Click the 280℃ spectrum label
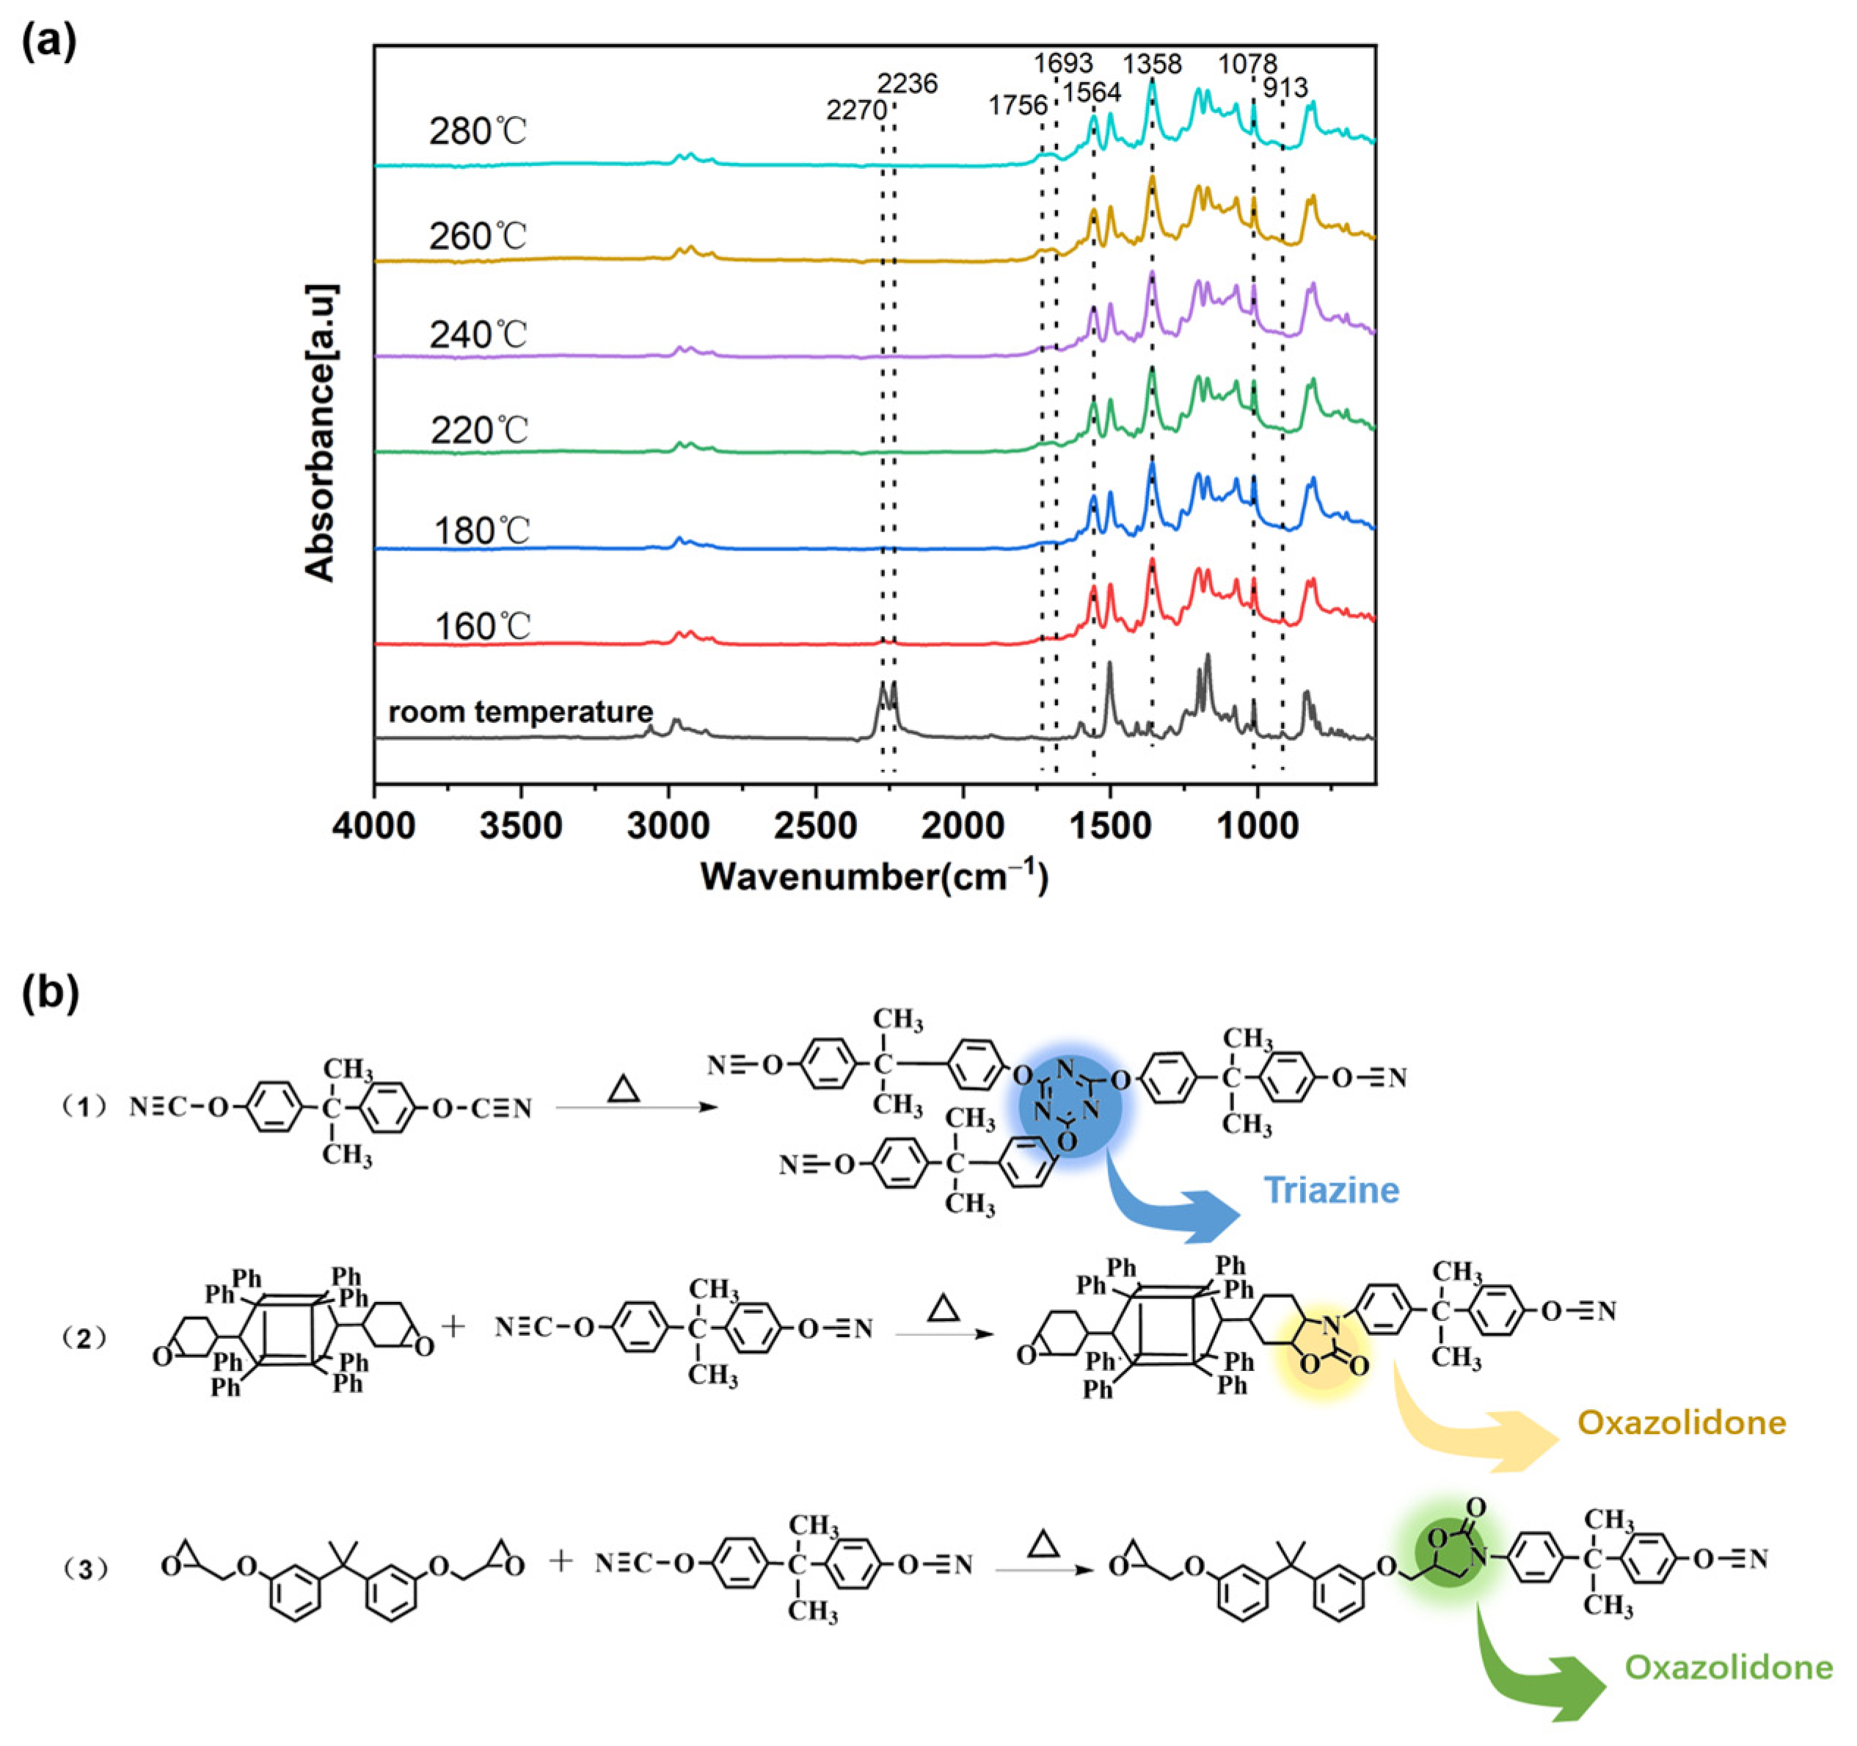point(478,131)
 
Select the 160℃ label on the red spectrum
point(482,626)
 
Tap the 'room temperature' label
point(520,712)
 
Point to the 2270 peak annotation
point(855,110)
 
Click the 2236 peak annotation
point(907,84)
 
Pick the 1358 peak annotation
point(1152,65)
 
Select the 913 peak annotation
point(1285,89)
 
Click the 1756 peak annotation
point(1018,106)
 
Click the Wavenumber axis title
point(875,876)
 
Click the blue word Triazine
point(1331,1190)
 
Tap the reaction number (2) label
point(84,1338)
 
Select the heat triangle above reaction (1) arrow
point(623,1089)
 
